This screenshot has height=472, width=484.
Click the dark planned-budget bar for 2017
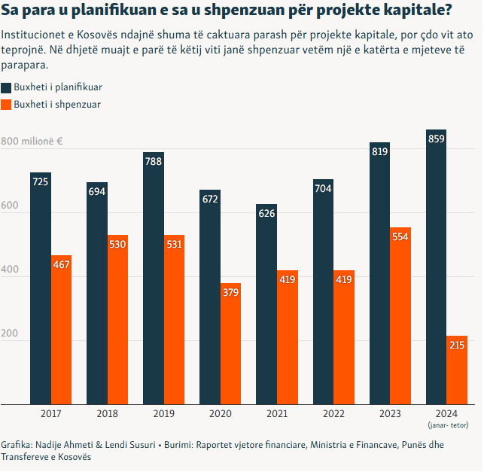tap(41, 289)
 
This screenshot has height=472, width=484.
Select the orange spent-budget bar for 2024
tap(458, 370)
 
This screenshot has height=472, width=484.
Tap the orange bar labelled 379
tap(231, 344)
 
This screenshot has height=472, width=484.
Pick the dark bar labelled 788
tap(154, 279)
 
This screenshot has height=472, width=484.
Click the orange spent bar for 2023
tap(400, 316)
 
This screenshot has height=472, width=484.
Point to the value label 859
tap(437, 139)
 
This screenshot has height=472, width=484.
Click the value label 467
tap(61, 264)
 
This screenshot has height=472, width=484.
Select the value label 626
tap(266, 213)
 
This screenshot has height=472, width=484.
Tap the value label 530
tap(117, 245)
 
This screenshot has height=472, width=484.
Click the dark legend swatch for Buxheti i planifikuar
tap(6, 87)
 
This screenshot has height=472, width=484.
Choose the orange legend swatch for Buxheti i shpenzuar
tap(6, 105)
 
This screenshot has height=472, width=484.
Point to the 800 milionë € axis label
tap(32, 142)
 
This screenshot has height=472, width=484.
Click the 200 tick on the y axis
tap(10, 333)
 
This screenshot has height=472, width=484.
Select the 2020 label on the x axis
tap(221, 414)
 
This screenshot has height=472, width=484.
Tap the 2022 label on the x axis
tap(333, 414)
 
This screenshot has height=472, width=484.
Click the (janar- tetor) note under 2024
tap(448, 425)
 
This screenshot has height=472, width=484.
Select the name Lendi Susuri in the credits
tap(130, 445)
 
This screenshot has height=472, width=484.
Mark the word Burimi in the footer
tap(178, 445)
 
